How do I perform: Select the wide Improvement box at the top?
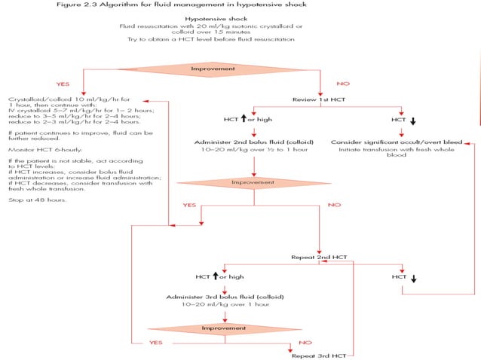tap(240, 67)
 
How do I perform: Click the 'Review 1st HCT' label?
tap(320, 99)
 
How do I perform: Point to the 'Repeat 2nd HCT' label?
tap(320, 257)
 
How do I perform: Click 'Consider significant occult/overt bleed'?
tap(397, 142)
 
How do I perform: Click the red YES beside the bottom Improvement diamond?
tap(156, 342)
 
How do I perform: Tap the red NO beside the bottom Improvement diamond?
tap(305, 342)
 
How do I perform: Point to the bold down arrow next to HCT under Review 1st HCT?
tap(412, 121)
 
